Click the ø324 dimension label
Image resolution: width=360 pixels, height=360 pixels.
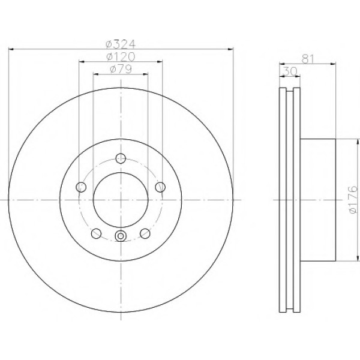click(x=121, y=44)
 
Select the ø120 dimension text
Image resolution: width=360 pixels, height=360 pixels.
click(x=121, y=57)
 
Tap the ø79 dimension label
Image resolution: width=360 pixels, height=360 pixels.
click(x=121, y=69)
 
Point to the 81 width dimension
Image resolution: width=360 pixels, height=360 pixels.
click(x=307, y=59)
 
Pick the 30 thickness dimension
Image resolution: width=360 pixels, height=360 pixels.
click(x=290, y=71)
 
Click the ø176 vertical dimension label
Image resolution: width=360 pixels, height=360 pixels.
click(x=353, y=200)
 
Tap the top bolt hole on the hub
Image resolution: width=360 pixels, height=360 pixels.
click(x=121, y=158)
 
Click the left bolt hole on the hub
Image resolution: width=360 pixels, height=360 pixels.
click(x=81, y=187)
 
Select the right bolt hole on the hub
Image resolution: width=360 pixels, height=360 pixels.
click(x=160, y=187)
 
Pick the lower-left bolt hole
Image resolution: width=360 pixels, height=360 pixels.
click(x=96, y=233)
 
